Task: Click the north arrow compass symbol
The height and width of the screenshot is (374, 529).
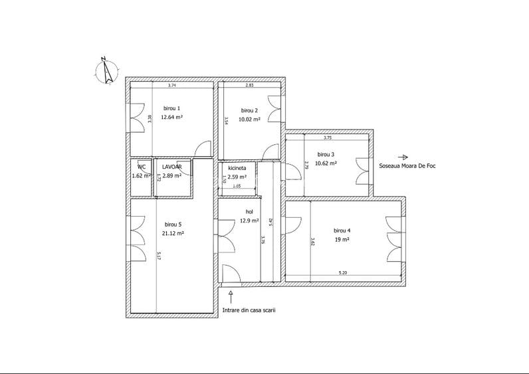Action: coord(106,70)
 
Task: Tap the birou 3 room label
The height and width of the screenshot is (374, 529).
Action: coord(326,153)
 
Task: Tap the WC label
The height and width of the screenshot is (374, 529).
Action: coord(142,167)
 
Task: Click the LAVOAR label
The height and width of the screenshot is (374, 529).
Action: coord(172,167)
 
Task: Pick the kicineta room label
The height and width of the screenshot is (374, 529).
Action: coord(237,169)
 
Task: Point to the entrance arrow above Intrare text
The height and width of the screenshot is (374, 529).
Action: coord(231,294)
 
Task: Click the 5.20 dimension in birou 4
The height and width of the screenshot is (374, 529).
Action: coord(343,272)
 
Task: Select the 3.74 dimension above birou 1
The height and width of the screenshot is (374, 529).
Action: coord(171,86)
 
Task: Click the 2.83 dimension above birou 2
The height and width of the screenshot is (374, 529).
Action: coord(249,86)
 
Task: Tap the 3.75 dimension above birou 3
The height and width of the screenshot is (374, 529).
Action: coord(327,138)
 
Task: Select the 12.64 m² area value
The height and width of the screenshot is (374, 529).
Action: coord(171,117)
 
